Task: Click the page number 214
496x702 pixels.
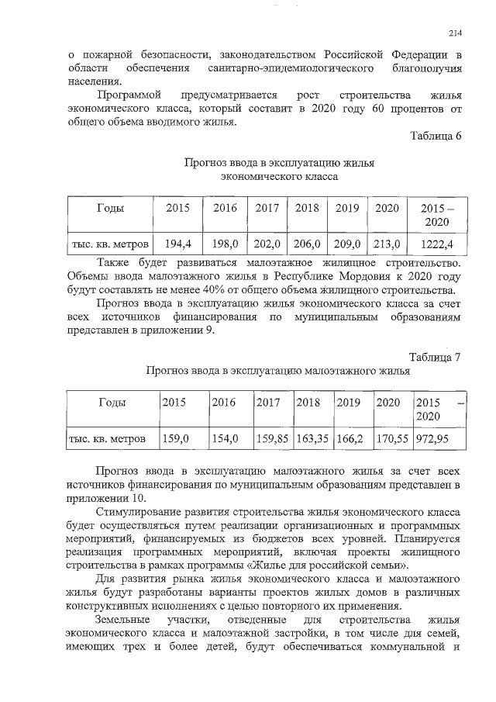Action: (x=455, y=33)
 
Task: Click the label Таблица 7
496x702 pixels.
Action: (x=436, y=357)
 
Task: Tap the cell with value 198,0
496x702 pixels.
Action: (x=225, y=244)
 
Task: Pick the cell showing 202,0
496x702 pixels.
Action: (x=267, y=244)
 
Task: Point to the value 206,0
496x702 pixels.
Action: (x=307, y=244)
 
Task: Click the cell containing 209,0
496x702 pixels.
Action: (x=347, y=244)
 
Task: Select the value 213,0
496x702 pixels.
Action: (x=387, y=244)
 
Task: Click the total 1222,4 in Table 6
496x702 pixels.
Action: (x=437, y=244)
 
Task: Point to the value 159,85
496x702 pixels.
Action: (x=272, y=438)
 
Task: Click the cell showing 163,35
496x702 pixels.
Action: (x=313, y=438)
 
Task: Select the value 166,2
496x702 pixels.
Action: (x=350, y=438)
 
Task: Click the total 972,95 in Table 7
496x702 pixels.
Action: (x=436, y=438)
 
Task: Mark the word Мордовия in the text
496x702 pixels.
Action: (x=368, y=276)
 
